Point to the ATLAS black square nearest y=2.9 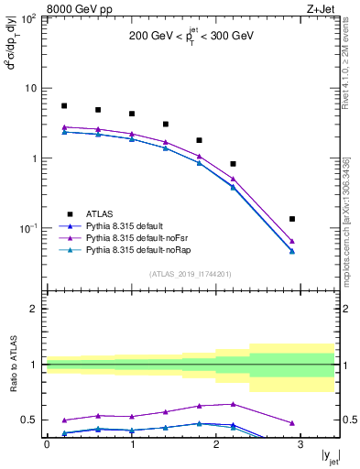click(292, 219)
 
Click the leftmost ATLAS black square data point click(64, 106)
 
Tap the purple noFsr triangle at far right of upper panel click(292, 241)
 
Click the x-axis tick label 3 click(300, 444)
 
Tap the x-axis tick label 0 click(47, 444)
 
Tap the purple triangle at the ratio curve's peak click(233, 404)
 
